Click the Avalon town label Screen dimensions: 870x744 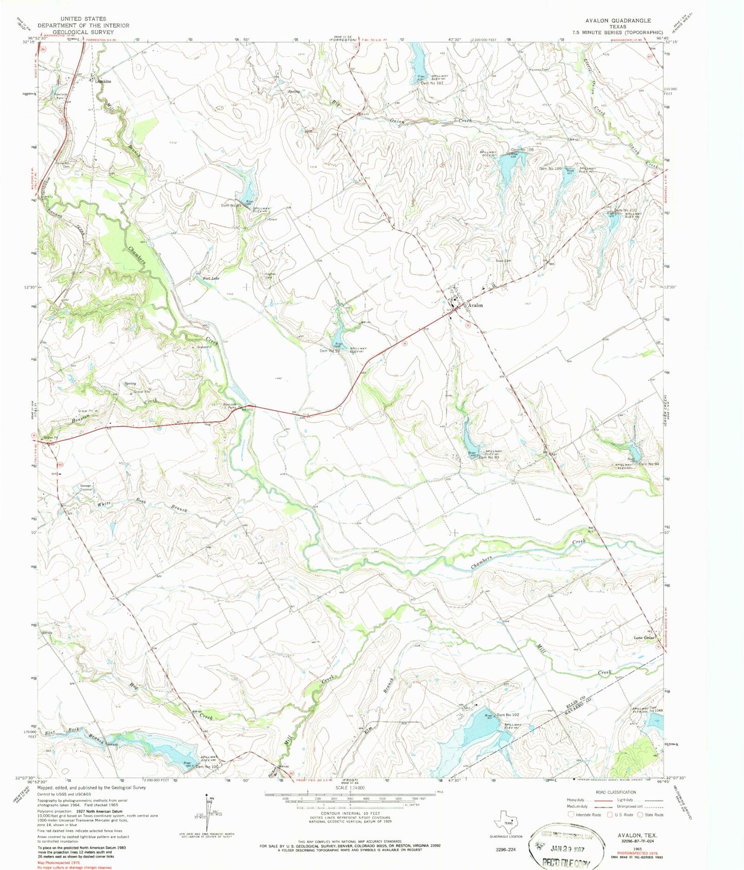tap(475, 305)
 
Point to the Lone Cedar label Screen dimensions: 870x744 tap(644, 638)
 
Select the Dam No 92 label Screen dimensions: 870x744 tap(330, 351)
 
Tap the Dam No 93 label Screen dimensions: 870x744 tap(490, 457)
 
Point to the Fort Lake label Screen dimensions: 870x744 tap(211, 278)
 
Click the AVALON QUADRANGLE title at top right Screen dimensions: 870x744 tap(618, 21)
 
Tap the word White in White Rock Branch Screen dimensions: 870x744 tap(106, 505)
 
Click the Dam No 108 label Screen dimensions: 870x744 tap(521, 150)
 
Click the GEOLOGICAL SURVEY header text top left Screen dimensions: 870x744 tap(83, 32)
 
